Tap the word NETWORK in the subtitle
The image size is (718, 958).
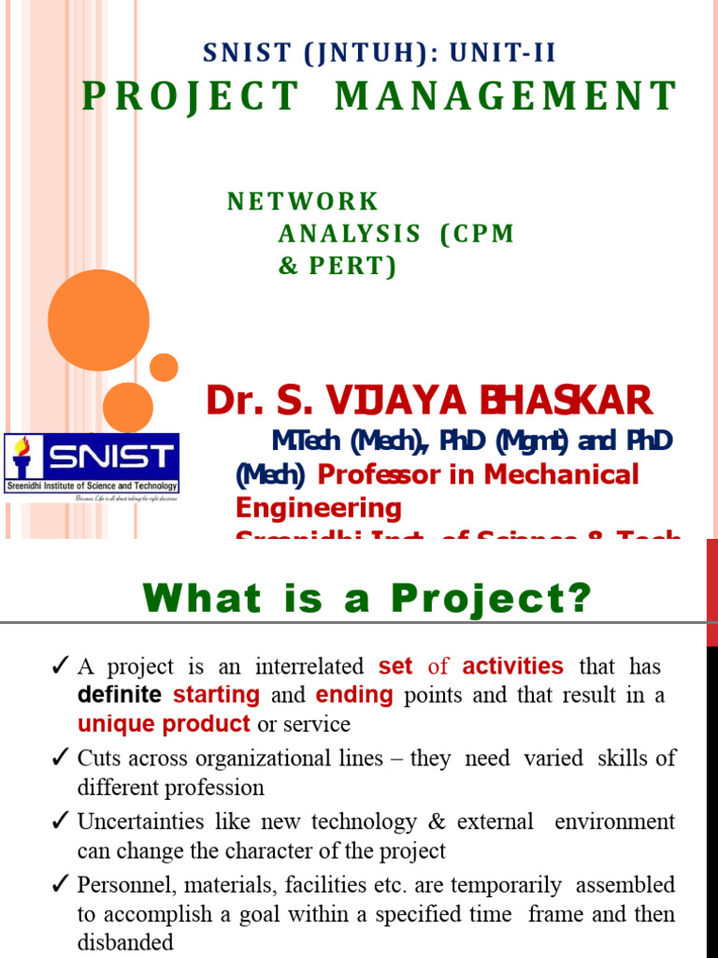[303, 201]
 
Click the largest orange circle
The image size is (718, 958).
[98, 320]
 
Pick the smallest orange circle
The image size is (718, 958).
[164, 368]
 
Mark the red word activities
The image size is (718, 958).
[512, 666]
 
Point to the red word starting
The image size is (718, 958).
[216, 695]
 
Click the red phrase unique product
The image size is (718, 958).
[164, 724]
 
